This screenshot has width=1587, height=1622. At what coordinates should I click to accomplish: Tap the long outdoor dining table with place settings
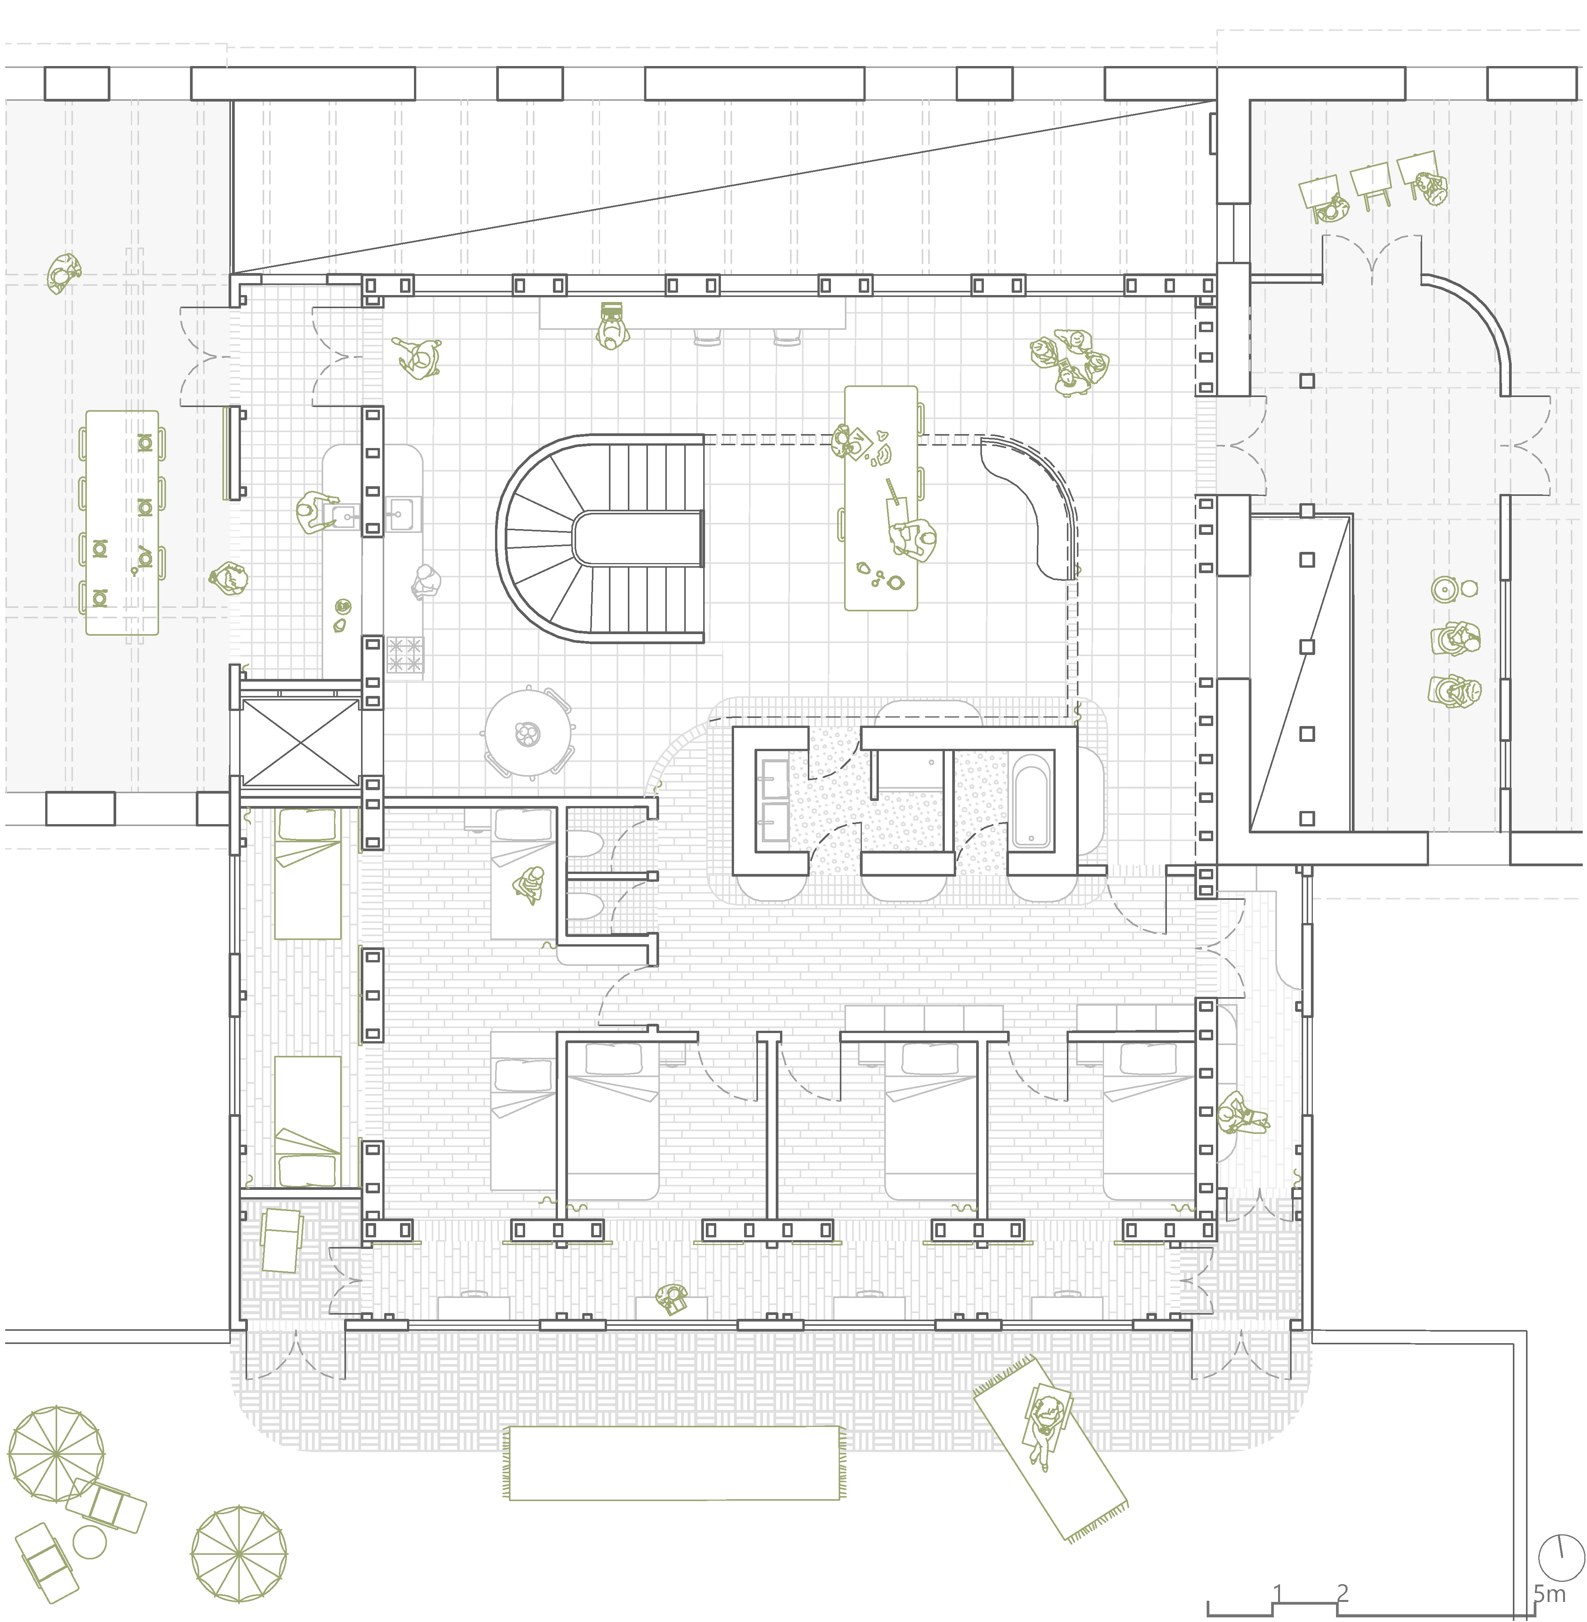click(122, 523)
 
